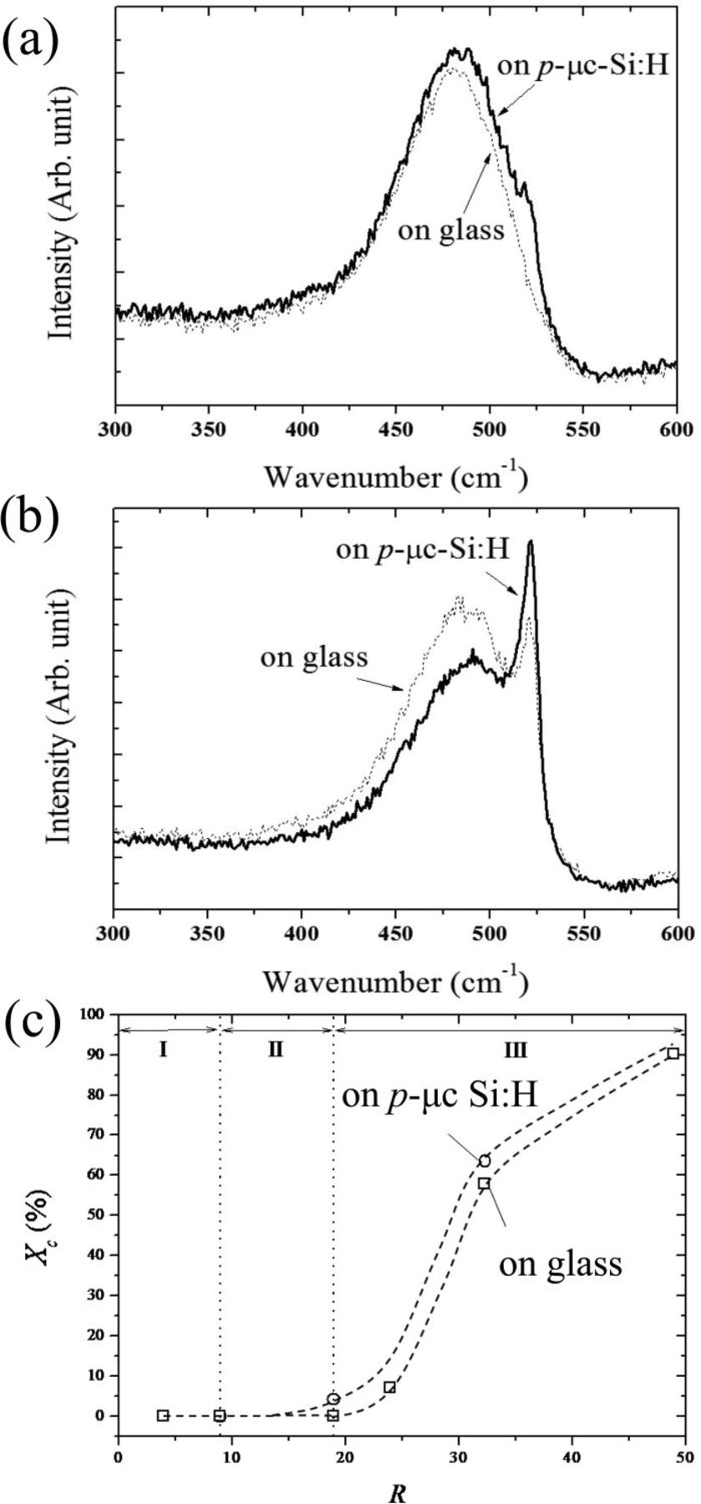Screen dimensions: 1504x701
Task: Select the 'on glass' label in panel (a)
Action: tap(451, 229)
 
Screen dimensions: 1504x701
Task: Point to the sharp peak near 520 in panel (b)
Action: tap(530, 543)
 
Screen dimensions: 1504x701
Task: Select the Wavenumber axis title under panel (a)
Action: tap(396, 477)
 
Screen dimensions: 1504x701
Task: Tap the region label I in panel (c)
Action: tap(164, 1050)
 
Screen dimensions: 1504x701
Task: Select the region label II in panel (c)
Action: tap(277, 1050)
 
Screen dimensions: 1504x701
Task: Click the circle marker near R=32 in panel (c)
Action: tap(485, 1161)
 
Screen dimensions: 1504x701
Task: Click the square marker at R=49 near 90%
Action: tap(673, 1053)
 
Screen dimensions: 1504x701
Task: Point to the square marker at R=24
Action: tap(389, 1387)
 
